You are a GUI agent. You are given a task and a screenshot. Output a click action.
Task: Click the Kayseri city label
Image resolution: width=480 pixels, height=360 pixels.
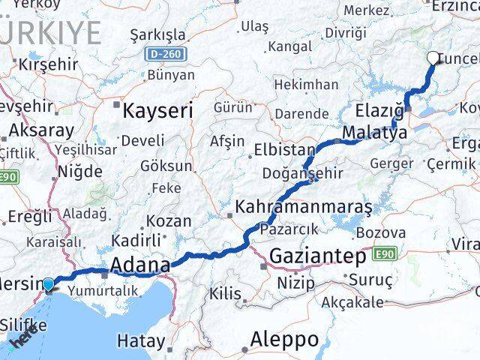[157, 111]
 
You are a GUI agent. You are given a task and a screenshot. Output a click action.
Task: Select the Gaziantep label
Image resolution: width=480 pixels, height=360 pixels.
[319, 256]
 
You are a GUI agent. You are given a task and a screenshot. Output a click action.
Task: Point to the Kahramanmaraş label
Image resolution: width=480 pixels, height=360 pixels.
[304, 205]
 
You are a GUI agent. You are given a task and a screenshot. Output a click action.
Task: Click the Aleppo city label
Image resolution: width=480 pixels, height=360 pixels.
[284, 339]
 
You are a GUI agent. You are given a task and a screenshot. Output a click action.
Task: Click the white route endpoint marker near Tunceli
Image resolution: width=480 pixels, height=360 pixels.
[433, 57]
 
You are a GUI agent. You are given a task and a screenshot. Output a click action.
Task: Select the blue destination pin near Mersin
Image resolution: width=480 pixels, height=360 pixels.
[49, 284]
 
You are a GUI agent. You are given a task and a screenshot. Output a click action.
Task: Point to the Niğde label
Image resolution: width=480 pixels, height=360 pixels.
[80, 172]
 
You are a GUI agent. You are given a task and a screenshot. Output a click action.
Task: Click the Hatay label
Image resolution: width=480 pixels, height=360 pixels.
[141, 341]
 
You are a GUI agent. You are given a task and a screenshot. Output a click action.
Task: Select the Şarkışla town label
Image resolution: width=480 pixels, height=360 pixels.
[157, 35]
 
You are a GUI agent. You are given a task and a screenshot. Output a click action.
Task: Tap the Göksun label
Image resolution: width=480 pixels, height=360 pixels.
[167, 166]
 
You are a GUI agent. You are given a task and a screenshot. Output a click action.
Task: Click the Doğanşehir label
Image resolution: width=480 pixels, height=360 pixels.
[302, 173]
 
